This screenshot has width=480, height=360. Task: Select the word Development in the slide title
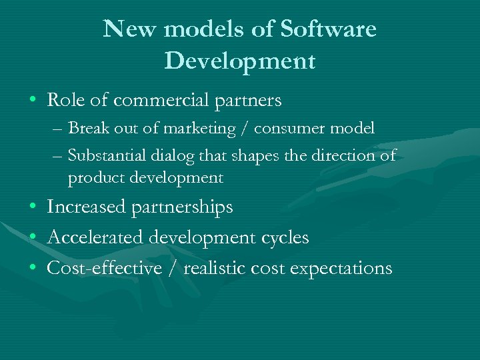pos(240,61)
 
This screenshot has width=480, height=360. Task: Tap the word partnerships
pos(183,208)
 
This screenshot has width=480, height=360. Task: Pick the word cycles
pos(287,238)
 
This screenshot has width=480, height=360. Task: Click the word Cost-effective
pos(105,268)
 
